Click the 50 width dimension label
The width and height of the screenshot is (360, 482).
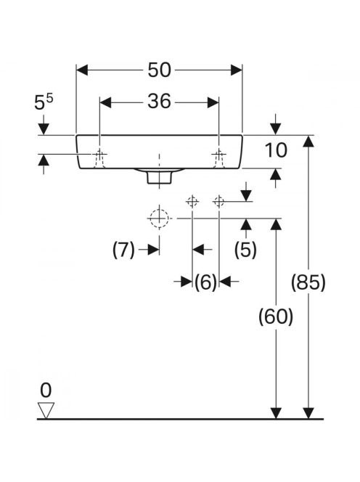pos(159,70)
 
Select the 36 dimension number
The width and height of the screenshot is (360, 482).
pos(159,102)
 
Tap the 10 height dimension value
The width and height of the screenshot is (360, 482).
pos(276,150)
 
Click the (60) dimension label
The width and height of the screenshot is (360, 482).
pos(276,316)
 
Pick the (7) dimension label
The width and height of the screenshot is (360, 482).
pos(123,250)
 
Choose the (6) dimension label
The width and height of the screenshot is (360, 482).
pos(205,282)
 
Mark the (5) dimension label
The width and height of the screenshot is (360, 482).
pos(245,249)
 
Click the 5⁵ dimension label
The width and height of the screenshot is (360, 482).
pos(44,102)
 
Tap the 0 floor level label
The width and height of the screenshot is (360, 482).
pos(46,391)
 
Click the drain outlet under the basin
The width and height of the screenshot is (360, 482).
pos(159,178)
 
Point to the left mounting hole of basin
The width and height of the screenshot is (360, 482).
pos(99,158)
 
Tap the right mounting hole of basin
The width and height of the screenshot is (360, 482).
pos(218,158)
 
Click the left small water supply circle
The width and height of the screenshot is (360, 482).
pos(192,202)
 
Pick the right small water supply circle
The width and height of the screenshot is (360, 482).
pos(218,202)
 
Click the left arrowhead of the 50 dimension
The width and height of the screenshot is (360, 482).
pos(82,70)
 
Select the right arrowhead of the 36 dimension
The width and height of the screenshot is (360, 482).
pos(213,102)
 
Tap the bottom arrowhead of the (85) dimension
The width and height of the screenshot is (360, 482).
pos(308,413)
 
